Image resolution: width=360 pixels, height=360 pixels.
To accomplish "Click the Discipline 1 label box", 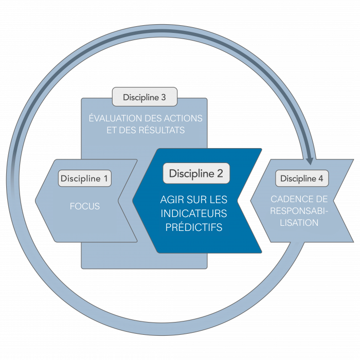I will click(x=84, y=179).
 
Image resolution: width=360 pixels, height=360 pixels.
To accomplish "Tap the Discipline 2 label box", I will click(x=196, y=174).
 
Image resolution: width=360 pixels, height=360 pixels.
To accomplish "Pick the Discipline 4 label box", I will click(x=302, y=179).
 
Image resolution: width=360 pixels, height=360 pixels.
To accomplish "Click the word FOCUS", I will click(x=85, y=207).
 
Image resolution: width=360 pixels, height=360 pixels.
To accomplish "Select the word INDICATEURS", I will click(x=194, y=213).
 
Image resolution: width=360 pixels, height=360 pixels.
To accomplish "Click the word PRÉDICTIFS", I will click(x=194, y=227).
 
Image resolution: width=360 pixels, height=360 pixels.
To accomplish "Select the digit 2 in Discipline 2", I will click(x=220, y=174).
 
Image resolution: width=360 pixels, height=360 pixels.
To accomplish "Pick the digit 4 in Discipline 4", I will click(x=321, y=179).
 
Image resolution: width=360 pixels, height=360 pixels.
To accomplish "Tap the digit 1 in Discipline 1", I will click(x=105, y=179).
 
